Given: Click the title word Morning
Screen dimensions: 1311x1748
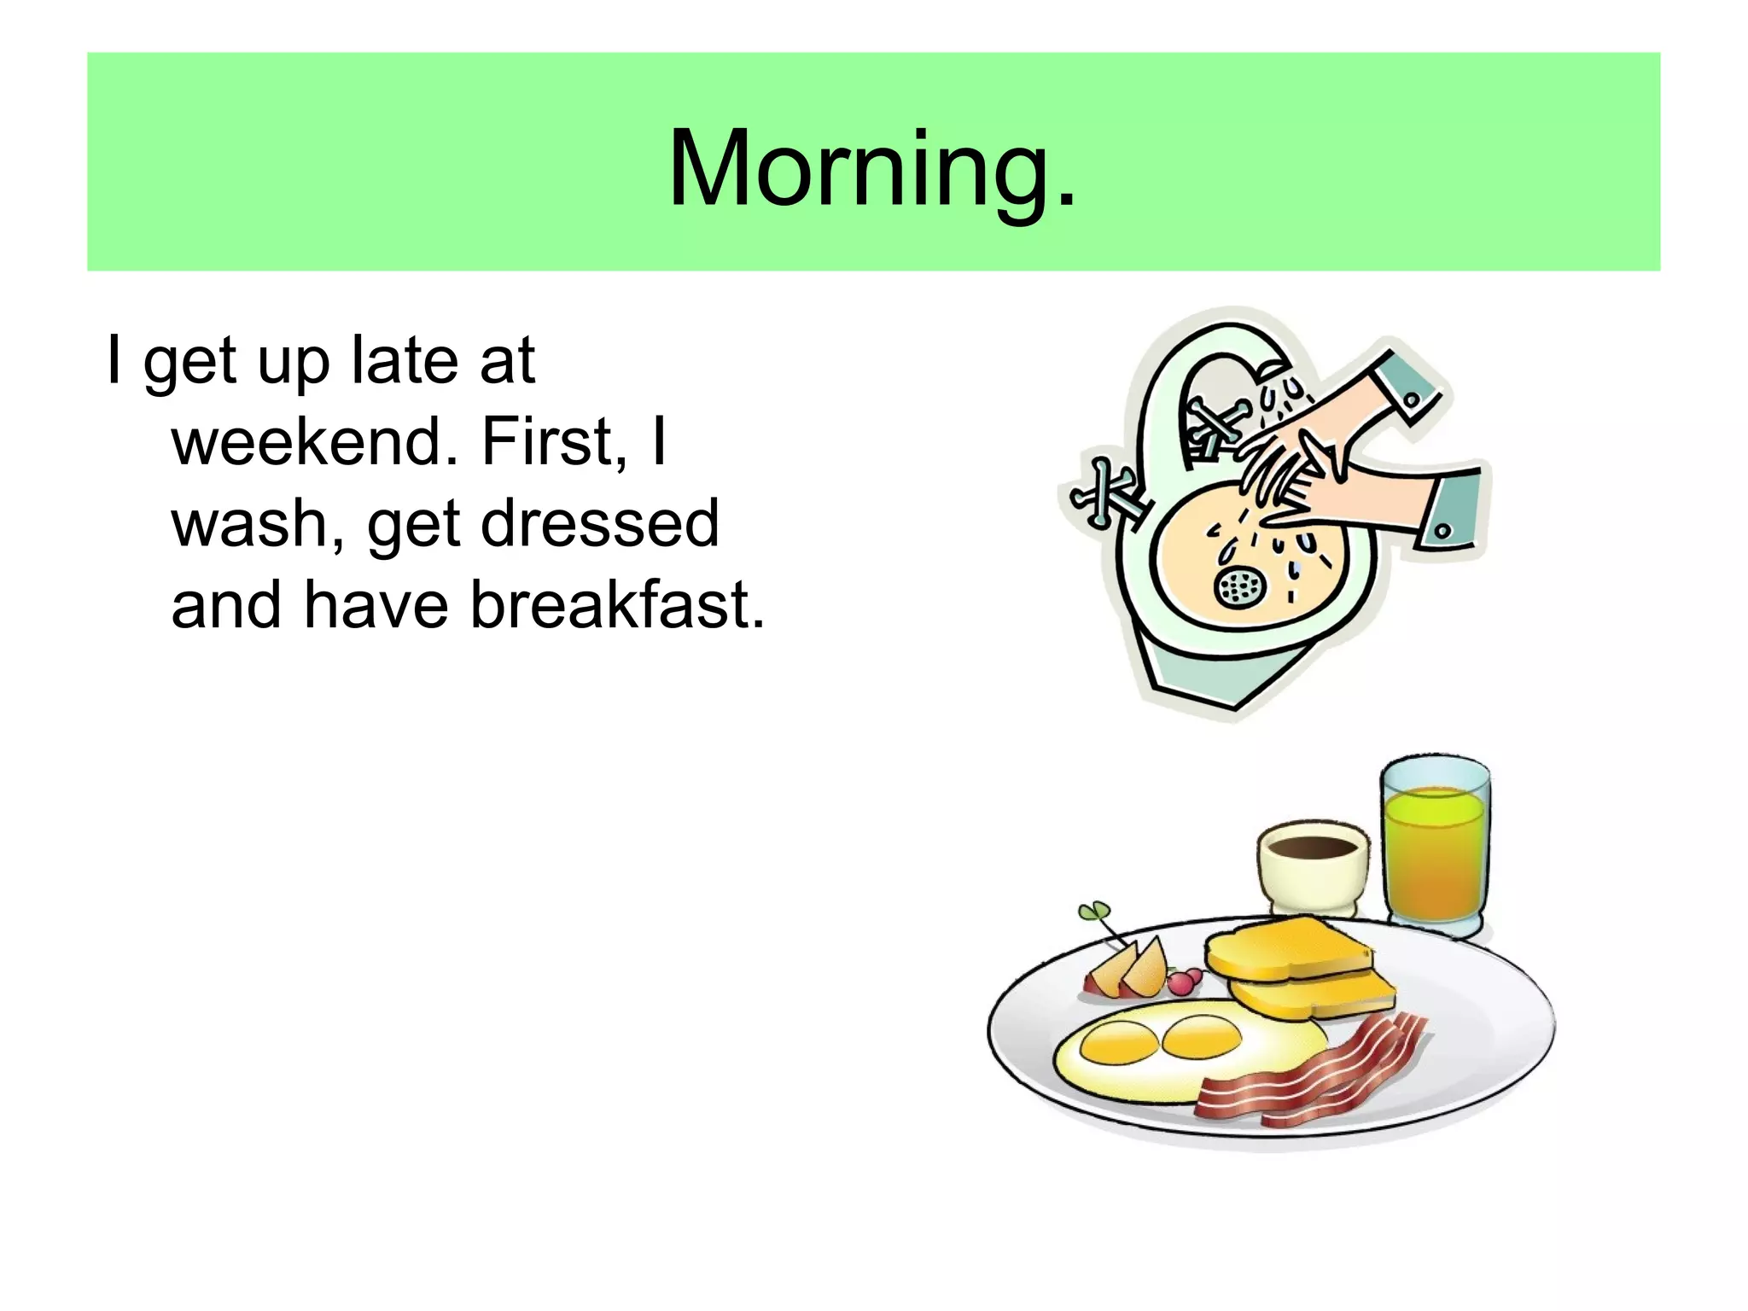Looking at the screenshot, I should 872,168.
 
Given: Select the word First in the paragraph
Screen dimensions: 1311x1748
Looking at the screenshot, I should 547,442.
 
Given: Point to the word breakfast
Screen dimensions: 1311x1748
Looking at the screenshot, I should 617,605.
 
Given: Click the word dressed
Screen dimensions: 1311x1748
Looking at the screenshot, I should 600,523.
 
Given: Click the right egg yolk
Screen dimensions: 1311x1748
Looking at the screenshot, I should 1202,1034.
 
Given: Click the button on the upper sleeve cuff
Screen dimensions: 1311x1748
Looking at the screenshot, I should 1410,399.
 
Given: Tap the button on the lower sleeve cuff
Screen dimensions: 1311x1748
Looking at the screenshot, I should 1442,530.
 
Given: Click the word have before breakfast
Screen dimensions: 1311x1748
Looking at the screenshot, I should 376,605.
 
